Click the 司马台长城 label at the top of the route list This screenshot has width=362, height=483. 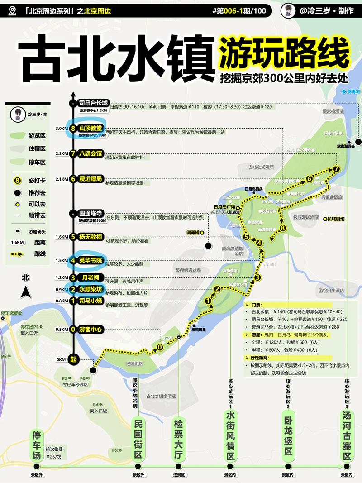[93, 103]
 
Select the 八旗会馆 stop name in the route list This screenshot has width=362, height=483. [90, 153]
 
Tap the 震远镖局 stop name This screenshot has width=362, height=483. [90, 178]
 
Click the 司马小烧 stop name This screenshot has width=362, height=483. [90, 300]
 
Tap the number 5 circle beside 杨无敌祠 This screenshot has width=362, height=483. [73, 237]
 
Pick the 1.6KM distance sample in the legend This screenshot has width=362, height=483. [18, 243]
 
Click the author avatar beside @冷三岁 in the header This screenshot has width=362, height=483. [288, 10]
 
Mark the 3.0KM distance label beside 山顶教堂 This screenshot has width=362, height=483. [62, 129]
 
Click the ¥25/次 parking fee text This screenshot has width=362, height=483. [54, 457]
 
